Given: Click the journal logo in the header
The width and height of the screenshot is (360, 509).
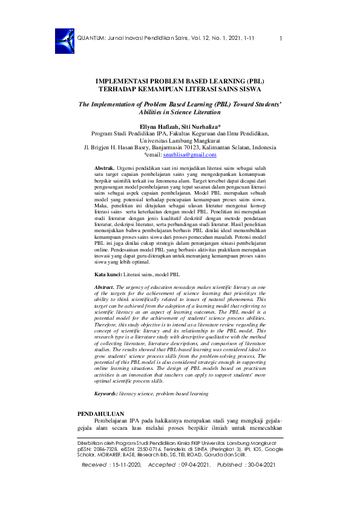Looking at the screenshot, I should [x=63, y=38].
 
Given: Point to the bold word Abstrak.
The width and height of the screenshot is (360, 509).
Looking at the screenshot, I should [x=105, y=166].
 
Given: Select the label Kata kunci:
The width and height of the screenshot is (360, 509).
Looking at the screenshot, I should [x=108, y=274].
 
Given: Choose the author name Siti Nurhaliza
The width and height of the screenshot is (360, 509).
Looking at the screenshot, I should [x=202, y=126].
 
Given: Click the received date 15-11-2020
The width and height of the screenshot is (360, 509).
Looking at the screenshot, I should [x=125, y=481].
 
